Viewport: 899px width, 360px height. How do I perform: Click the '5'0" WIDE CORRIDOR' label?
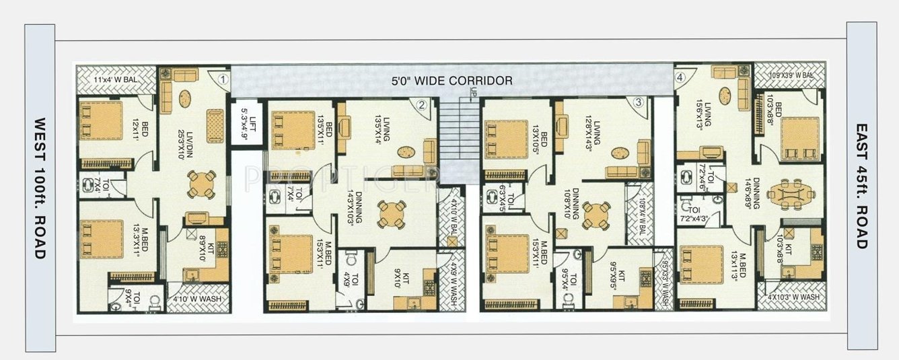(x=452, y=81)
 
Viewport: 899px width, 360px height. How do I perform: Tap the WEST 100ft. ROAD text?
(x=40, y=188)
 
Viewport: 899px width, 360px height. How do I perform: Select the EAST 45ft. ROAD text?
(x=861, y=186)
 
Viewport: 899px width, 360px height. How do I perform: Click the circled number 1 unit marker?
(x=224, y=79)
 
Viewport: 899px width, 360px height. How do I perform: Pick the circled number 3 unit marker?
(x=639, y=103)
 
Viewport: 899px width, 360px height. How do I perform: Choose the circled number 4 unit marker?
(x=680, y=77)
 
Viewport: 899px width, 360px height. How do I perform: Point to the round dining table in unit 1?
(x=201, y=184)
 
